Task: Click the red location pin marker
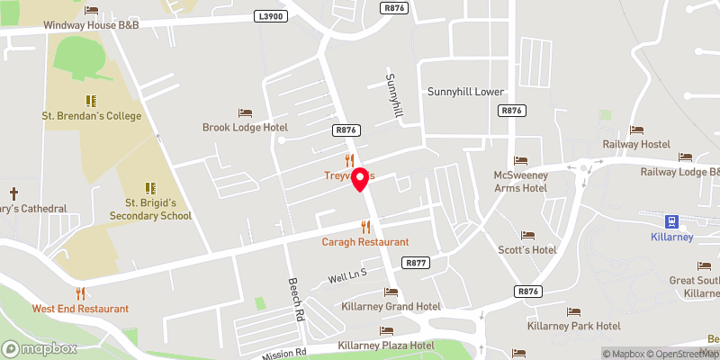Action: coord(361,179)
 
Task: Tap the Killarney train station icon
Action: coord(671,221)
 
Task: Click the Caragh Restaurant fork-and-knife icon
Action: coord(365,227)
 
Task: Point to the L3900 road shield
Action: coord(269,16)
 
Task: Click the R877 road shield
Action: coord(416,263)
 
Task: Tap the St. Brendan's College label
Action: coord(91,116)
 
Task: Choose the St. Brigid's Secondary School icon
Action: coord(150,188)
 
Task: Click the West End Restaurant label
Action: coord(80,309)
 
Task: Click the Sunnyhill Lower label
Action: coord(465,92)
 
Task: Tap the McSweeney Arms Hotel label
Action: coord(521,181)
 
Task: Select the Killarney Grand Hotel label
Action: coord(391,307)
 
